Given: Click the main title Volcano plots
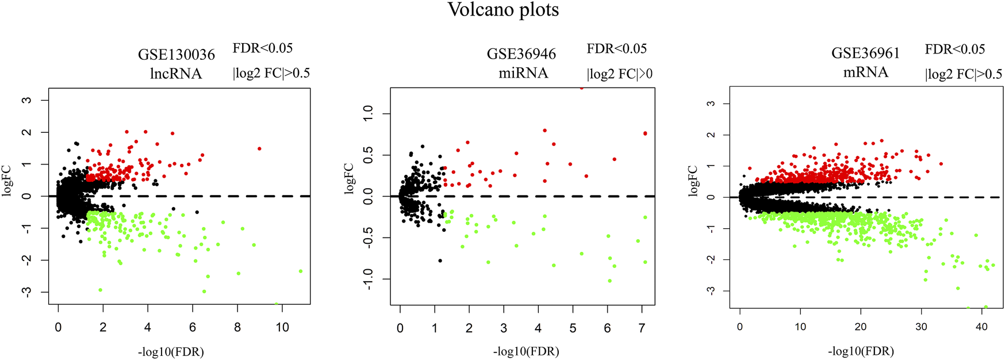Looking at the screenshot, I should click(503, 10).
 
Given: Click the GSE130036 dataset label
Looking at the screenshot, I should click(176, 55).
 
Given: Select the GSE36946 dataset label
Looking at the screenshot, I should click(521, 54).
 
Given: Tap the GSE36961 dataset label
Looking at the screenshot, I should click(865, 53).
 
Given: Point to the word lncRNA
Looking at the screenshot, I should click(176, 74).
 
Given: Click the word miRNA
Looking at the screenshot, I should click(523, 73).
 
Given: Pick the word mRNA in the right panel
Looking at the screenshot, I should click(865, 72).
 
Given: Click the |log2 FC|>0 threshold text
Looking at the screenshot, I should click(619, 74).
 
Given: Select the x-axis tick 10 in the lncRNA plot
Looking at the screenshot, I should click(282, 327).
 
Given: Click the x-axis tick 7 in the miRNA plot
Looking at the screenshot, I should click(642, 328).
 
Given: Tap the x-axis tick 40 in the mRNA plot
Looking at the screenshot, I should click(981, 327).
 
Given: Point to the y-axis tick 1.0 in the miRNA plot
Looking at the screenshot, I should click(368, 113).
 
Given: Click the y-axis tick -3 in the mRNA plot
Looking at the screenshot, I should click(711, 291).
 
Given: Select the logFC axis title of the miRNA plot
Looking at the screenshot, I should click(349, 178).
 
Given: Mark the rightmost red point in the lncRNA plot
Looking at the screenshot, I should click(259, 148).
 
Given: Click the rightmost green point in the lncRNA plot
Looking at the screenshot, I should click(300, 271).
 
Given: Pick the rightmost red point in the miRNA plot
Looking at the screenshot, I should click(645, 133).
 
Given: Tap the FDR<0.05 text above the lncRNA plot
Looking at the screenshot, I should click(262, 48).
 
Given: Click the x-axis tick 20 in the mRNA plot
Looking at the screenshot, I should click(861, 327).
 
